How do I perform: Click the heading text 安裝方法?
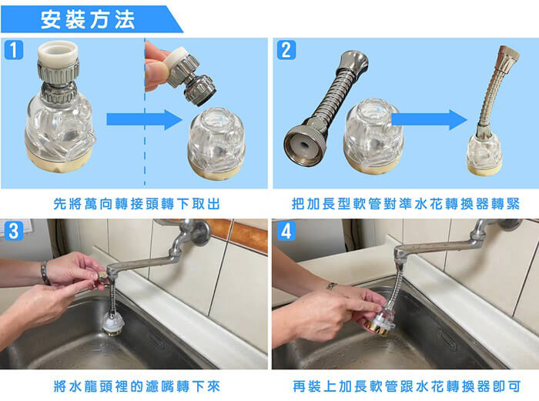(x=88, y=19)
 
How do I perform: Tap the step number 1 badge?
(x=13, y=50)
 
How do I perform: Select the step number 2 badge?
(x=286, y=50)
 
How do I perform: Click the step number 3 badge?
(x=14, y=231)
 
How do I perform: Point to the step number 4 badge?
(x=286, y=231)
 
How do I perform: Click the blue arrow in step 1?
(x=145, y=119)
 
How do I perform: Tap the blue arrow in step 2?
(x=430, y=119)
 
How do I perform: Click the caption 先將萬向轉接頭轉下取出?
(x=136, y=204)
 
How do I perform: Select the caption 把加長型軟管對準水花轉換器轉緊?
(x=406, y=204)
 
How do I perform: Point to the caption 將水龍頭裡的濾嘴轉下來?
(x=136, y=386)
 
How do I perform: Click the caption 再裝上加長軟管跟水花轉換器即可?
(x=407, y=386)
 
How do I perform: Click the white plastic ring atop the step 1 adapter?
(x=58, y=52)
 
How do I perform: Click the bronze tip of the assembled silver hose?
(x=507, y=55)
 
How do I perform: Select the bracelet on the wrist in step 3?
(x=45, y=272)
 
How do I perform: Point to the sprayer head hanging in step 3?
(x=113, y=322)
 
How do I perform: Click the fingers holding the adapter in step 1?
(x=157, y=67)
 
